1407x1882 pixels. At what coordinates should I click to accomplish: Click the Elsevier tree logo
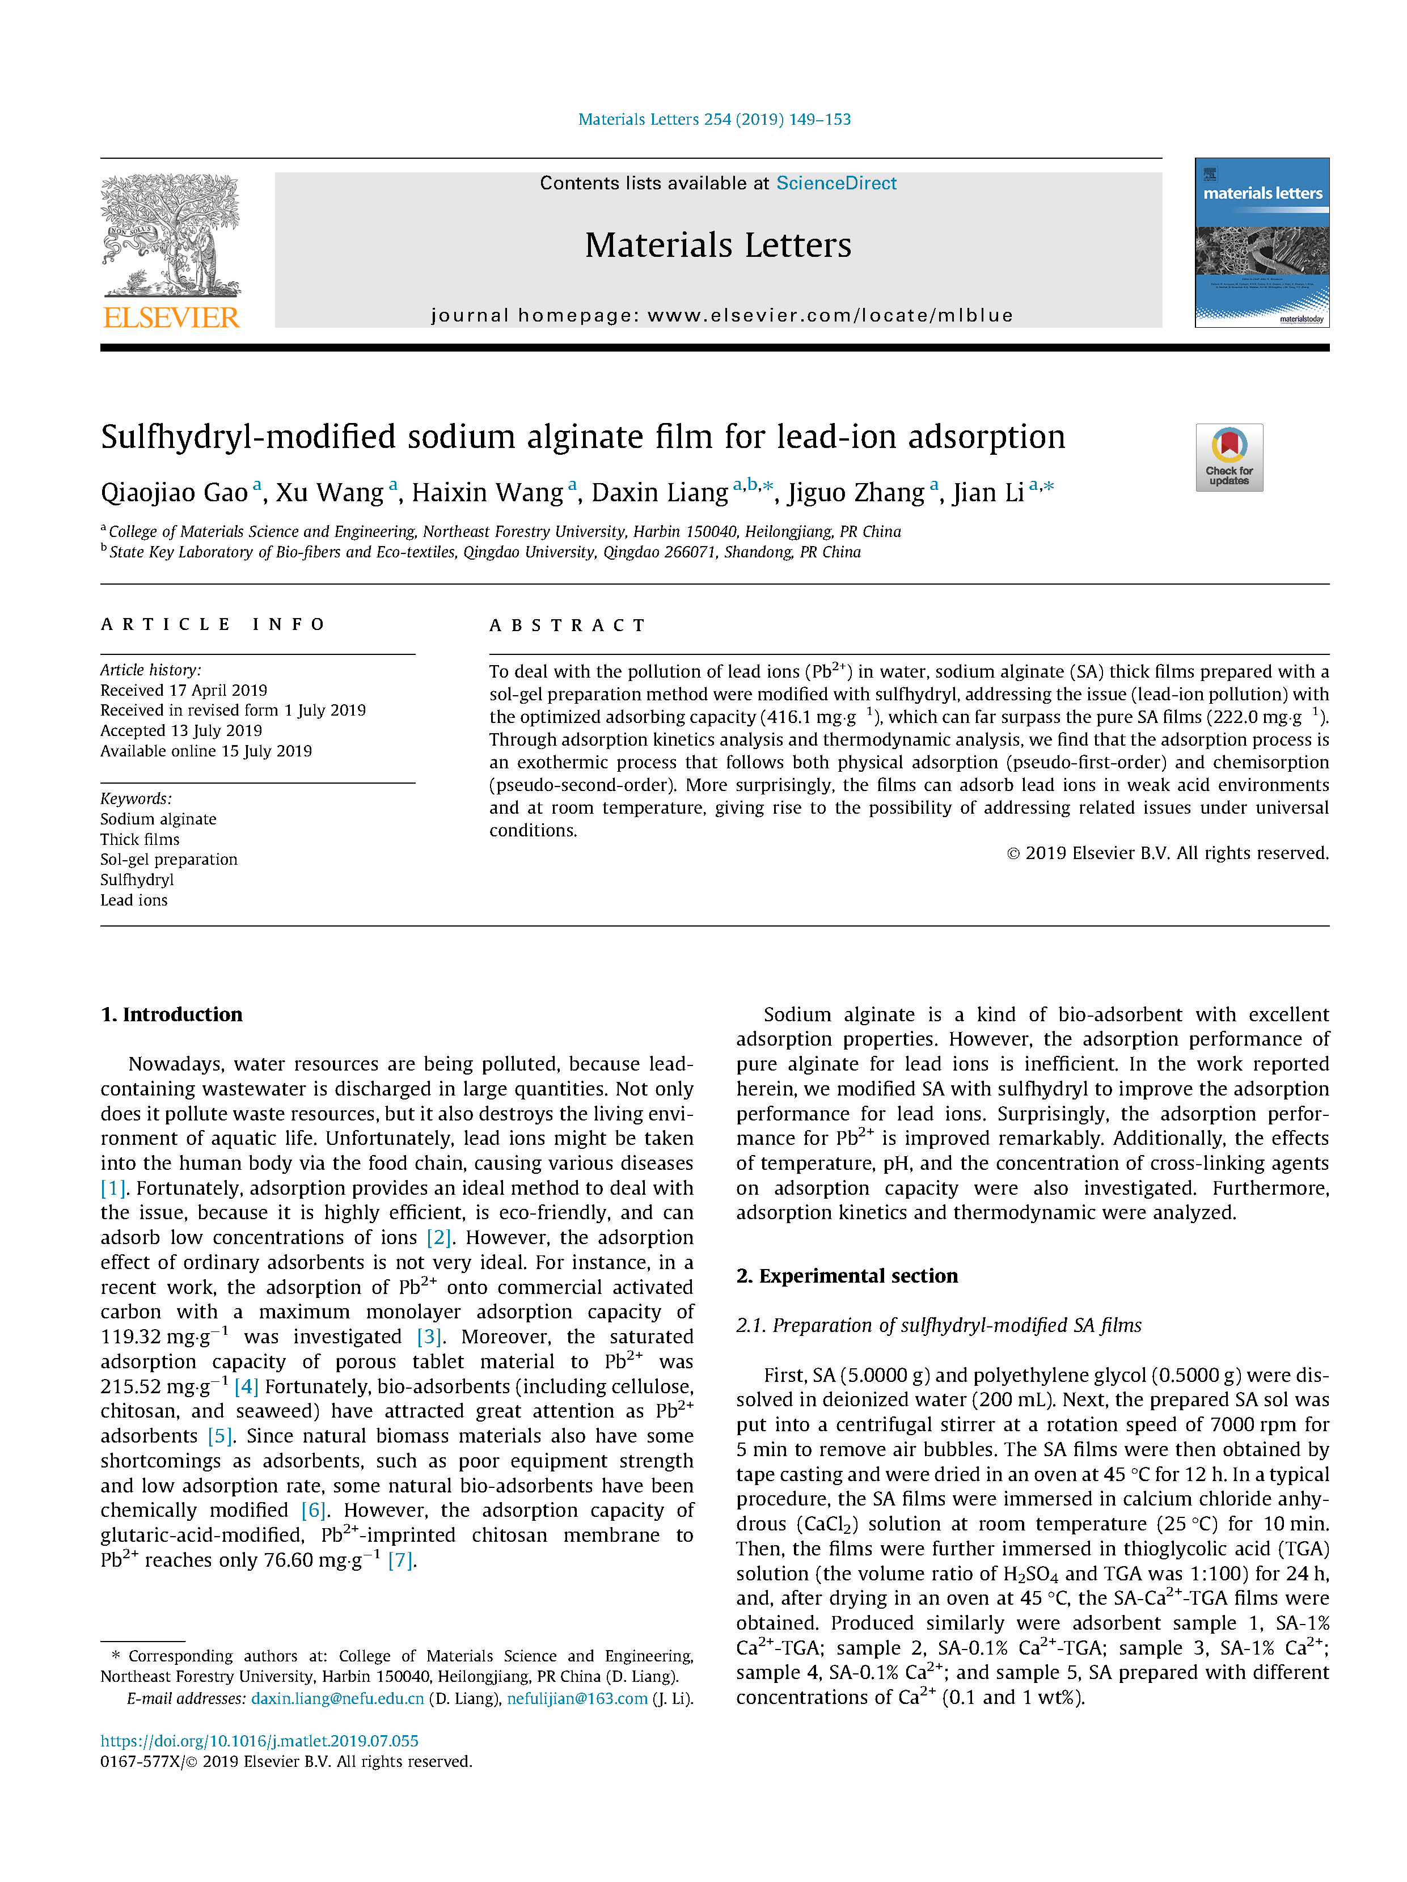pyautogui.click(x=170, y=234)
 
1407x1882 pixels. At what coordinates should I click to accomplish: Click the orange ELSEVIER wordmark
pyautogui.click(x=171, y=318)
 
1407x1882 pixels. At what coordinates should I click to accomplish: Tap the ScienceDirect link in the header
pyautogui.click(x=835, y=183)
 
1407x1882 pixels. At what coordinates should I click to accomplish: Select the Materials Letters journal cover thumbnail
pyautogui.click(x=1261, y=243)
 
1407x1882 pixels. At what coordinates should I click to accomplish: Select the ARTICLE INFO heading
pyautogui.click(x=213, y=624)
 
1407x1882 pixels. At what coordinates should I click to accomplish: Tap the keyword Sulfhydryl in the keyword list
pyautogui.click(x=137, y=879)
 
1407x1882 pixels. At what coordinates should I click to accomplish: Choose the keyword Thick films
pyautogui.click(x=140, y=839)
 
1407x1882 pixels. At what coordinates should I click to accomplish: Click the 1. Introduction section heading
pyautogui.click(x=171, y=1014)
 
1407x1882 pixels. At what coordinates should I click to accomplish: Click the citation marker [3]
pyautogui.click(x=429, y=1337)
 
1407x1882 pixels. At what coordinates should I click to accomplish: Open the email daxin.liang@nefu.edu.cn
pyautogui.click(x=337, y=1698)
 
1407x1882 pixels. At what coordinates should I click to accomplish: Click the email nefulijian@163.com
pyautogui.click(x=577, y=1698)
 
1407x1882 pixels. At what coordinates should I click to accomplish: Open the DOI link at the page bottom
pyautogui.click(x=260, y=1741)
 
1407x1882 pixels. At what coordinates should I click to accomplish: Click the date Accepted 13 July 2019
pyautogui.click(x=181, y=730)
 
